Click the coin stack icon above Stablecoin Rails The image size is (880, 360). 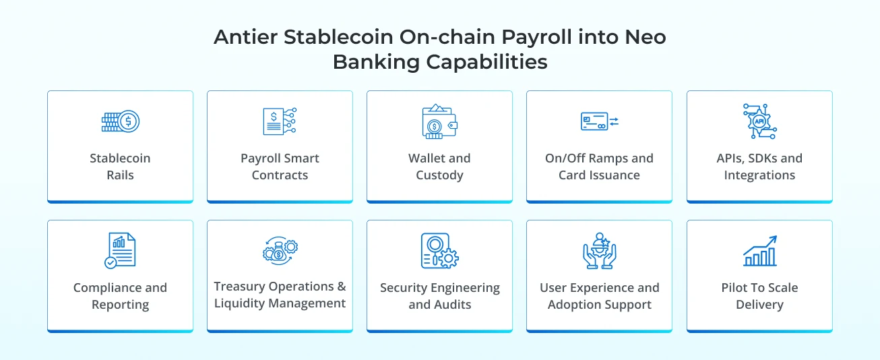[x=120, y=121]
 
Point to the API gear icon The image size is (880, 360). [x=759, y=121]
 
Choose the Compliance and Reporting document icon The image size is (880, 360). [x=120, y=251]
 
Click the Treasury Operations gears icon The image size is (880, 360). [x=280, y=251]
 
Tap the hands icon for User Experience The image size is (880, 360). [x=599, y=251]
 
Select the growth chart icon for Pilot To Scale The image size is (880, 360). [x=759, y=251]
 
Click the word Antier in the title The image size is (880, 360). [x=245, y=37]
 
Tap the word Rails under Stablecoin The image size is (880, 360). [x=120, y=175]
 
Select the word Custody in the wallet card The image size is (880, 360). [x=439, y=175]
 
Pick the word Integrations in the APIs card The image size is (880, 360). [x=759, y=175]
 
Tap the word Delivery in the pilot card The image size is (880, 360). [x=759, y=305]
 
